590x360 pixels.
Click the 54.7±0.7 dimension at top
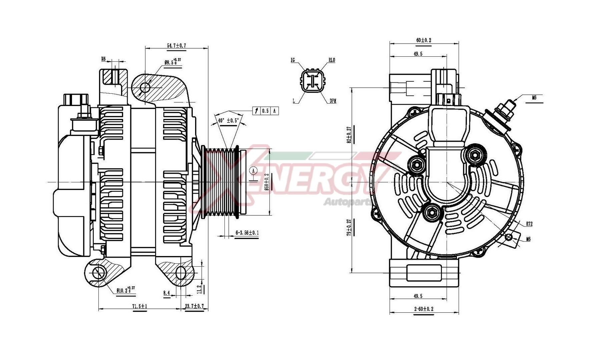tap(176, 45)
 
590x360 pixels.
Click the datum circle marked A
tap(253, 171)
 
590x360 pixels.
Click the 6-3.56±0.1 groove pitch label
tap(247, 233)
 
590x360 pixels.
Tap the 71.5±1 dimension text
tap(139, 306)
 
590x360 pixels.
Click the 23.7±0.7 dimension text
tap(194, 306)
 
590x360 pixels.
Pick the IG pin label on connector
tap(292, 60)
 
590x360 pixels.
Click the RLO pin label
tap(332, 60)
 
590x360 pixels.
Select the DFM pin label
tap(333, 101)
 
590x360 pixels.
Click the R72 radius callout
tap(529, 224)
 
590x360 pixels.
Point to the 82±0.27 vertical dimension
tap(349, 135)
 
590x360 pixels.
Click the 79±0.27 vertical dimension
tap(349, 228)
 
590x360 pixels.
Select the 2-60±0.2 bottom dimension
tap(424, 309)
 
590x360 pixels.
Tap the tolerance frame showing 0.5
tap(265, 111)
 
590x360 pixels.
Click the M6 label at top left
tap(103, 59)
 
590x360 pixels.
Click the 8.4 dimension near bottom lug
tap(166, 293)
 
